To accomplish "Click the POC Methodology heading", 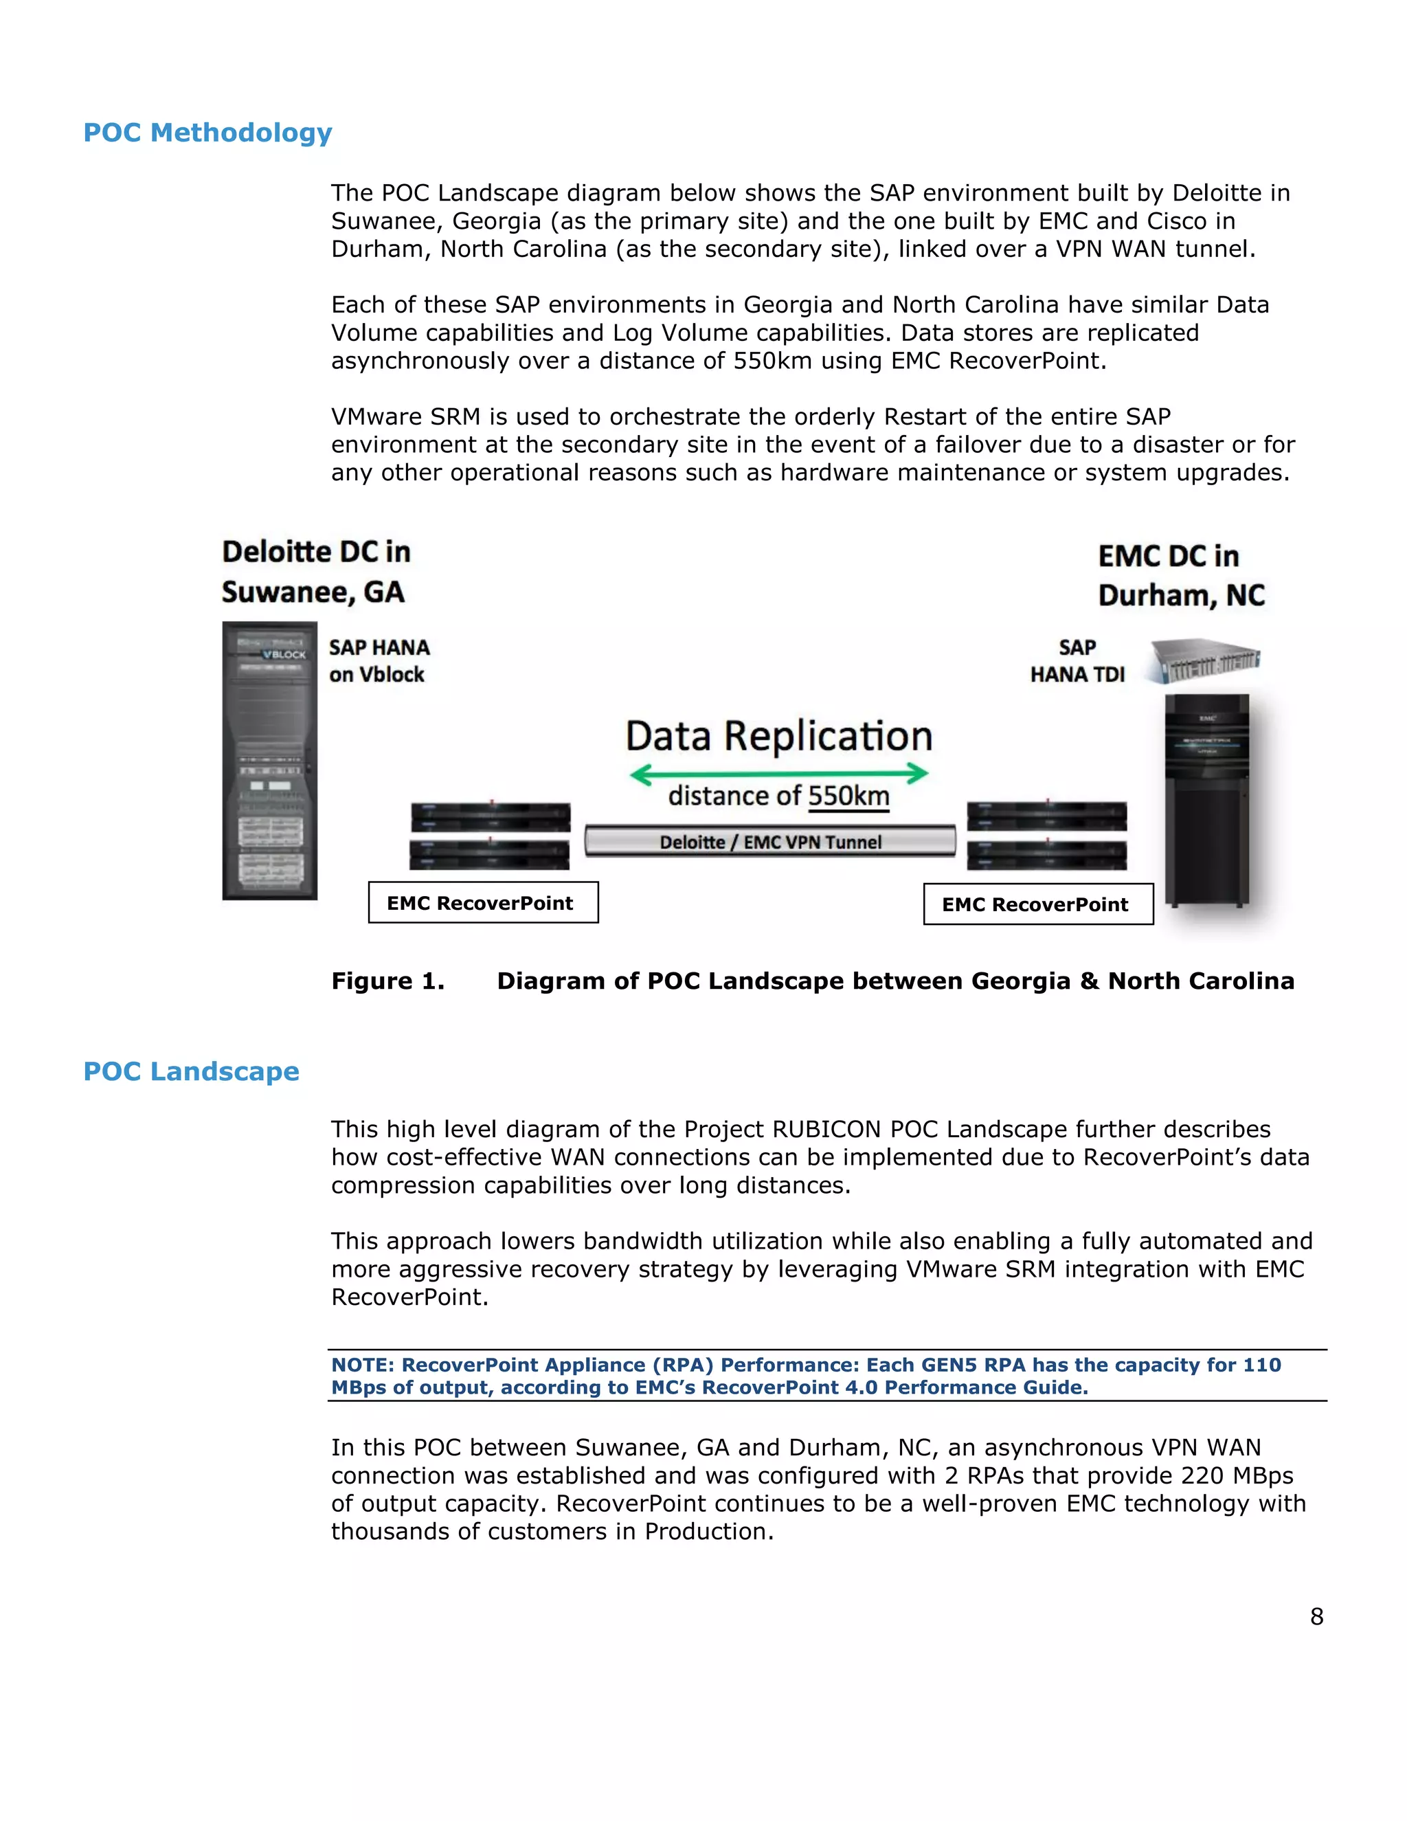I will (x=207, y=133).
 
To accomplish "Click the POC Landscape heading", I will (x=191, y=1071).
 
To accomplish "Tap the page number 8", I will (x=1316, y=1617).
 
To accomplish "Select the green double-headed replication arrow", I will (x=778, y=774).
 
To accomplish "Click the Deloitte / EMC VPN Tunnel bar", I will (x=770, y=841).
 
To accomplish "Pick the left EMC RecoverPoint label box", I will (x=482, y=903).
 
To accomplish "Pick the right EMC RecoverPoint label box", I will (x=1038, y=905).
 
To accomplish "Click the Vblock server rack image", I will (x=269, y=761).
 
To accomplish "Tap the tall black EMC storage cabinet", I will (x=1206, y=801).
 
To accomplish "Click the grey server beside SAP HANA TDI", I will (x=1202, y=660).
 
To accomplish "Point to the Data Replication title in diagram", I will (x=778, y=736).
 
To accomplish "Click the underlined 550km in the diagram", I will (x=848, y=796).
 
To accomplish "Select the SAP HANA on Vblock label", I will (x=379, y=661).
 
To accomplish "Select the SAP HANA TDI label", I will (x=1077, y=661).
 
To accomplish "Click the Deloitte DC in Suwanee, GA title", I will (x=315, y=572).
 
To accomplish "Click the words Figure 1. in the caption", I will (x=387, y=981).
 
